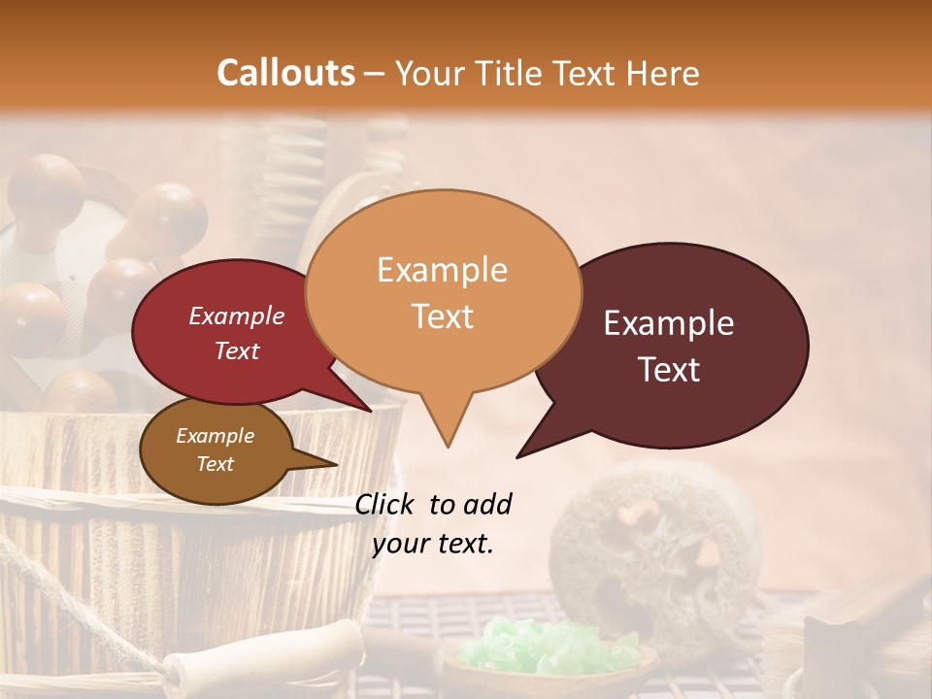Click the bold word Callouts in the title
point(285,73)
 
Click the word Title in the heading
point(507,73)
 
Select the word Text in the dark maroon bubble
point(670,370)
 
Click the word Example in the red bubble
point(236,316)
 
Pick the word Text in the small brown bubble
point(215,464)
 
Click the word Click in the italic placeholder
point(385,504)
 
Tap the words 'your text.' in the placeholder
point(433,544)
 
